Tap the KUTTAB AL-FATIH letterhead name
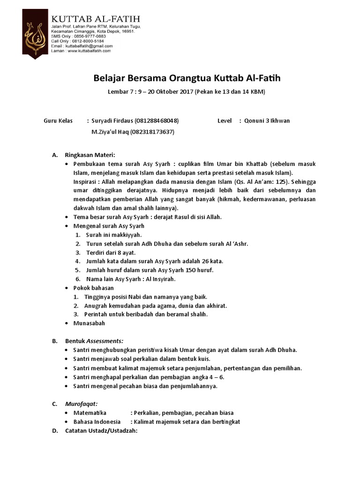pos(95,19)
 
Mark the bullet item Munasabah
pos(89,323)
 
